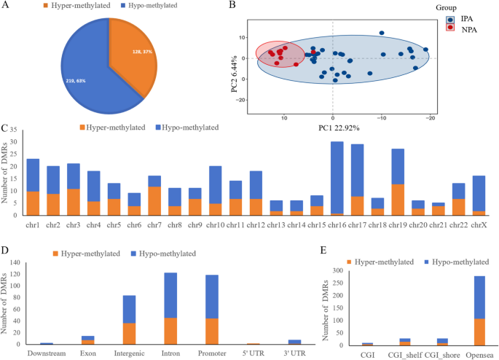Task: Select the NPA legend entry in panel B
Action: tap(461, 28)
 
